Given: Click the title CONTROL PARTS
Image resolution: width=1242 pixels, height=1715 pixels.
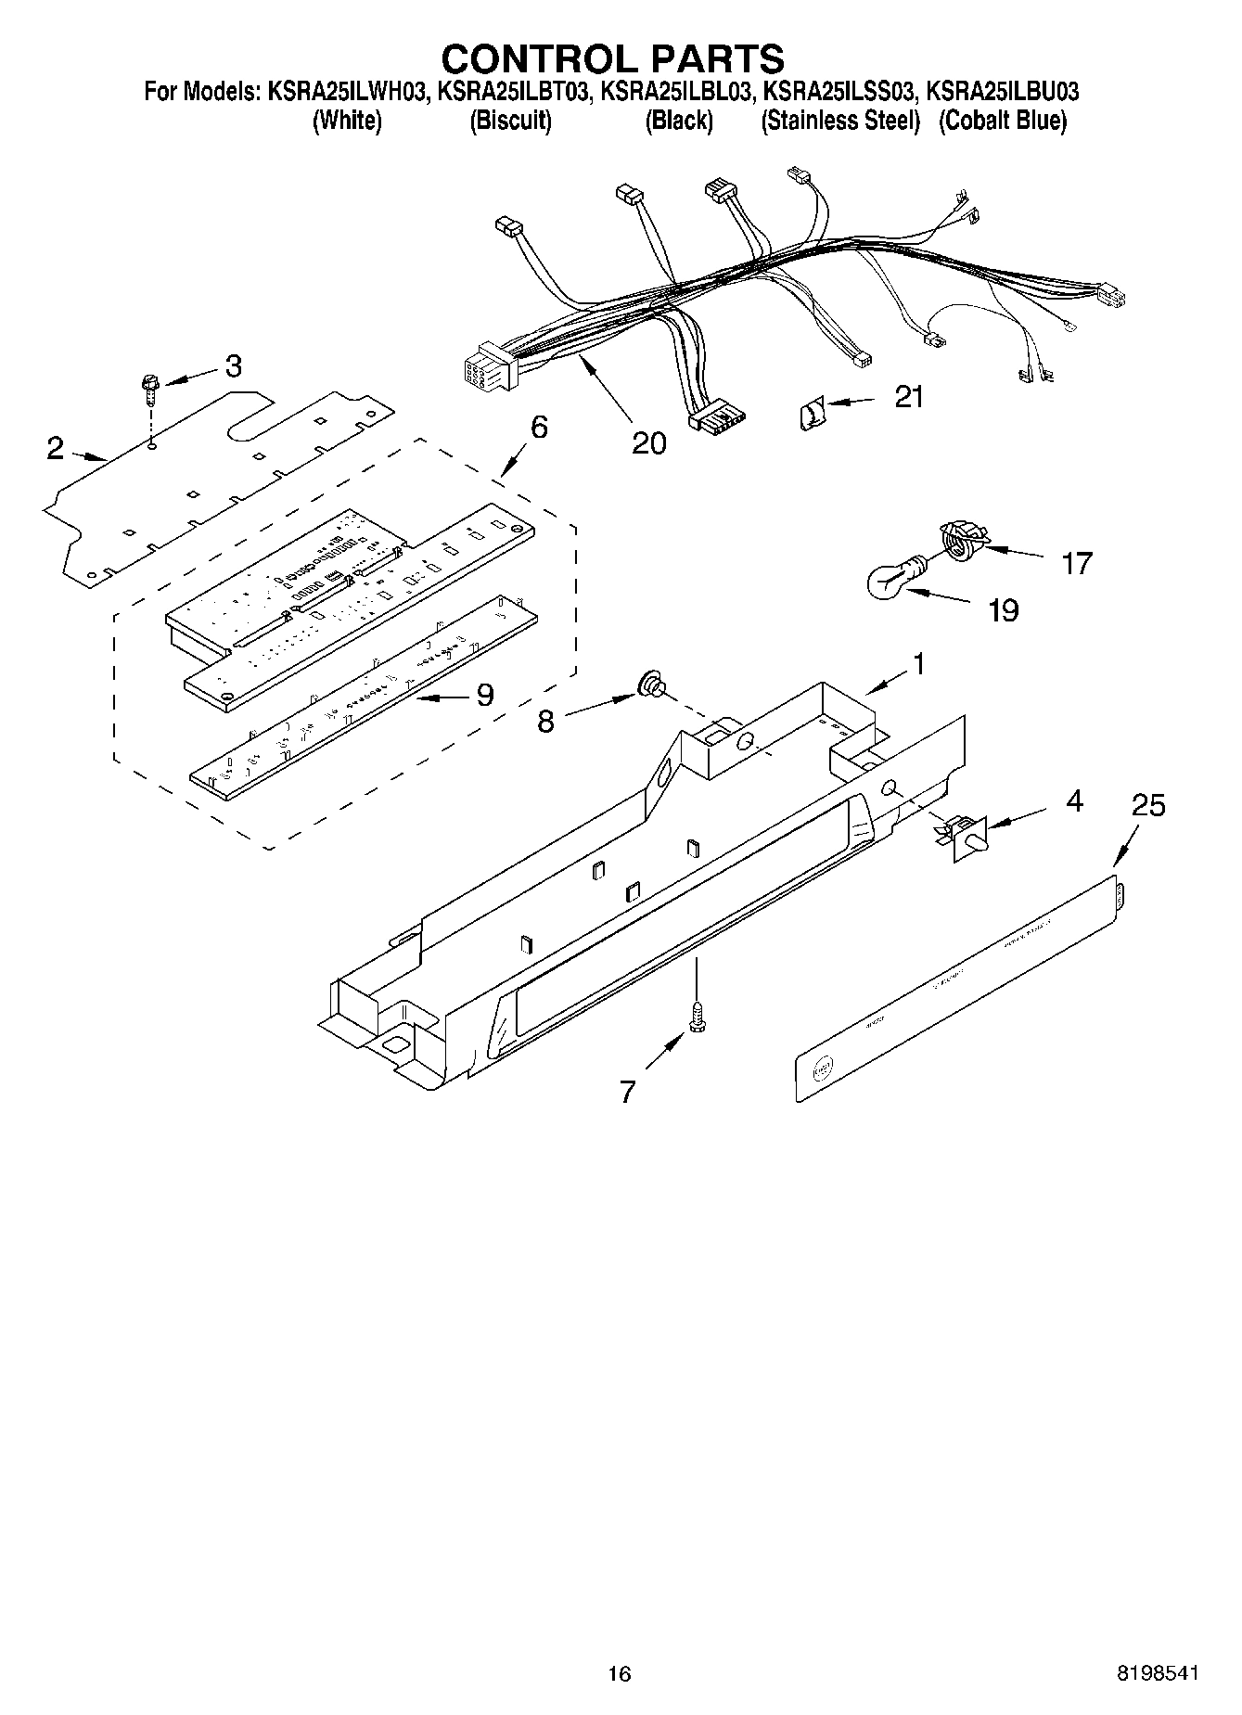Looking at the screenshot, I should click(x=612, y=58).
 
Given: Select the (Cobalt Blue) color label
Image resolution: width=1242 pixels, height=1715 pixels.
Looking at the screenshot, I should click(x=1003, y=121).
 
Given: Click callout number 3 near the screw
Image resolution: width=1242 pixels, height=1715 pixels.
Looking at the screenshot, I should click(x=233, y=366).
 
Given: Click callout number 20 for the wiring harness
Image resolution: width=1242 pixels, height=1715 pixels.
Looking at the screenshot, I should click(x=648, y=443).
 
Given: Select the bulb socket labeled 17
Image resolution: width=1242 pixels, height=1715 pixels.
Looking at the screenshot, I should click(x=959, y=539).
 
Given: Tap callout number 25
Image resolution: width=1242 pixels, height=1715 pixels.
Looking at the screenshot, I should click(x=1148, y=805).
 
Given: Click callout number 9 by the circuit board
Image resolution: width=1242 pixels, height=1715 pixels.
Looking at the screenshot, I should click(x=484, y=695).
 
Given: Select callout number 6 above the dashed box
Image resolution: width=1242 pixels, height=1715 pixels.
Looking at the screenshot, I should click(x=539, y=428).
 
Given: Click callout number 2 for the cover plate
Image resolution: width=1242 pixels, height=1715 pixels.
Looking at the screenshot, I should click(x=56, y=449).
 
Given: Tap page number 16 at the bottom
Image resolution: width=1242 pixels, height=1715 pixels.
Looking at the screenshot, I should click(x=620, y=1673).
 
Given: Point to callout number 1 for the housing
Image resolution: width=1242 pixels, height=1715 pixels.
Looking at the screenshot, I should click(x=917, y=664).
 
